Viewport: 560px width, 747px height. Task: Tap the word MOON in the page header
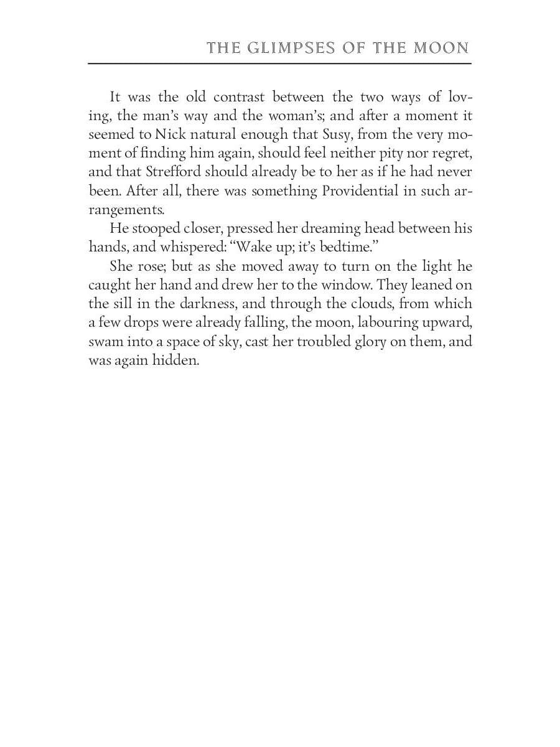[442, 48]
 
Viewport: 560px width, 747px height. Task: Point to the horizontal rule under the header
[279, 63]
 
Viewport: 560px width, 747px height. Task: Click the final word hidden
[176, 360]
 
